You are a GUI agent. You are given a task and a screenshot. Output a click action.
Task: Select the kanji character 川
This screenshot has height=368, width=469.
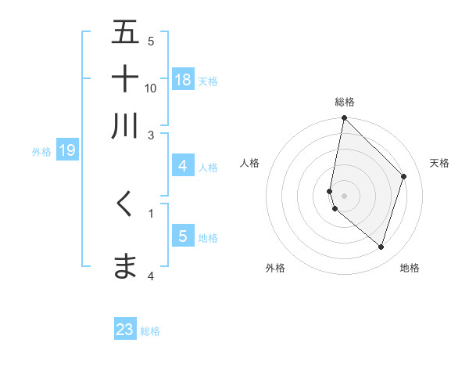[x=125, y=125]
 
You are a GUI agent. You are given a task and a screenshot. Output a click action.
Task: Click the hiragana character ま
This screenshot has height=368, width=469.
[x=125, y=266]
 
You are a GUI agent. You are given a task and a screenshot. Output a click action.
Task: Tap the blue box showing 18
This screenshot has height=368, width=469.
[x=183, y=79]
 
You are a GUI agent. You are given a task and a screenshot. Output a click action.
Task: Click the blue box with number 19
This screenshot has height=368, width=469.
[x=66, y=150]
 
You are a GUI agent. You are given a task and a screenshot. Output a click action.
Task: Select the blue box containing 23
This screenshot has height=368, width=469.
[x=125, y=330]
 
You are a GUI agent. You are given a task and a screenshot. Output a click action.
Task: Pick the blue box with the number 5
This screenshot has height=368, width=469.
[x=182, y=236]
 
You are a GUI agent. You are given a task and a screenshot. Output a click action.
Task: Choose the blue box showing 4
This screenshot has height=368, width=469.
[x=182, y=166]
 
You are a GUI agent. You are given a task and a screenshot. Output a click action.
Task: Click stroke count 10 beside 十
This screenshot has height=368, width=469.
[x=151, y=88]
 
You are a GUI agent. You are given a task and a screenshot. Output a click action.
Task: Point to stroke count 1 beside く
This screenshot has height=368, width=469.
[x=151, y=212]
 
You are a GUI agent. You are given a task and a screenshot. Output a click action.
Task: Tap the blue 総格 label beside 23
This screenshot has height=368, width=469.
[x=150, y=331]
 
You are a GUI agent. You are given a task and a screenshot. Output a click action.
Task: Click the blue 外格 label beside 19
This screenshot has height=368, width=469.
[x=41, y=152]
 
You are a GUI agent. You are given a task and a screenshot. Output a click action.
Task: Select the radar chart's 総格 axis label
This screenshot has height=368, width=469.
[x=344, y=102]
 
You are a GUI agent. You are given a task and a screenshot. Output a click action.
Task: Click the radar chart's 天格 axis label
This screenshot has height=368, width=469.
[x=439, y=163]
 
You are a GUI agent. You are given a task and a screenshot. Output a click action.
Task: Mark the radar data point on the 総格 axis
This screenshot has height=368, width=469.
[x=344, y=118]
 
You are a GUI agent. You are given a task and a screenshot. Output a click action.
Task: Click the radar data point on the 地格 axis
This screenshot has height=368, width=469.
[x=381, y=247]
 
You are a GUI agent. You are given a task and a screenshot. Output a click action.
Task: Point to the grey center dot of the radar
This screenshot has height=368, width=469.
[x=344, y=195]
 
